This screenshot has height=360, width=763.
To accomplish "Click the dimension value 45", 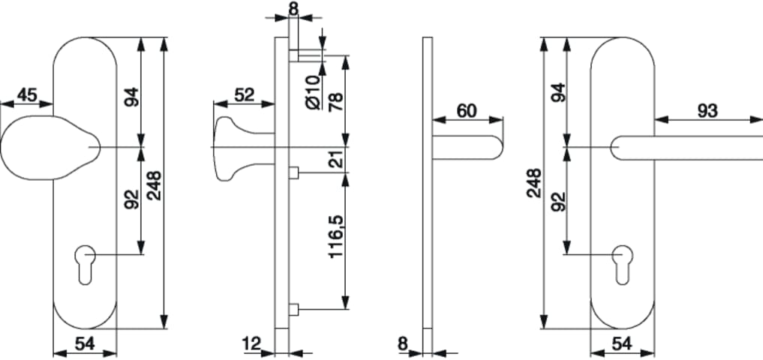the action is click(x=27, y=94).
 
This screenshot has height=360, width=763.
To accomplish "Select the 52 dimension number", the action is click(x=245, y=94).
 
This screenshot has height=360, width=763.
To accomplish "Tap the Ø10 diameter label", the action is click(x=314, y=92).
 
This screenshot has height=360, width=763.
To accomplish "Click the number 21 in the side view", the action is click(x=335, y=160).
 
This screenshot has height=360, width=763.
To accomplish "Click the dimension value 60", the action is click(x=467, y=111).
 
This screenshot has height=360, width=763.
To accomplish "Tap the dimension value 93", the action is click(x=707, y=111).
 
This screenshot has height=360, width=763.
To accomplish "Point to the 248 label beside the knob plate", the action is click(x=155, y=185).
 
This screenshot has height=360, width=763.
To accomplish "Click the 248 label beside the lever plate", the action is click(x=534, y=183).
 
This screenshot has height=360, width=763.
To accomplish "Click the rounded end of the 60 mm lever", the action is click(x=497, y=148).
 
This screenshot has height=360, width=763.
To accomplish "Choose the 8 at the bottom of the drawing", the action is click(x=403, y=343).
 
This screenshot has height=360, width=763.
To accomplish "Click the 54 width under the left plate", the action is click(x=85, y=343).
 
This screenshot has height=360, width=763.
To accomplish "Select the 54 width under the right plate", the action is click(x=623, y=343).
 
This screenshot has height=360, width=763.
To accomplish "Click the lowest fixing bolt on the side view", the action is click(x=293, y=309).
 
